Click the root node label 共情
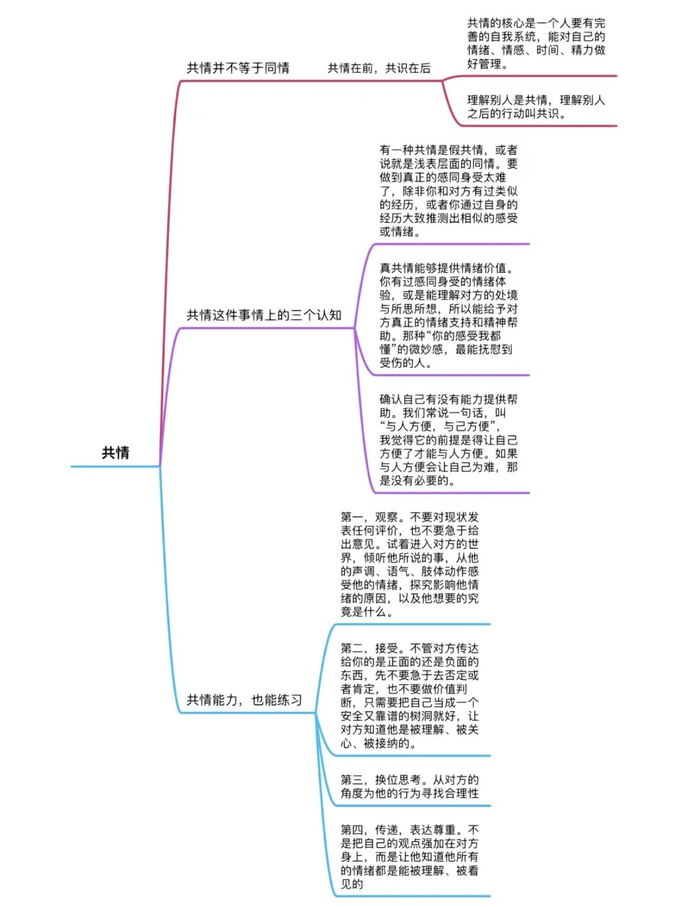[115, 452]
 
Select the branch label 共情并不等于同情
[238, 68]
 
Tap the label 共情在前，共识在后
[379, 68]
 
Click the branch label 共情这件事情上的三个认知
[264, 315]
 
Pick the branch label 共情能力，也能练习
[244, 700]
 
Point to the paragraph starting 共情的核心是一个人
[536, 44]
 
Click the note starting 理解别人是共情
[536, 106]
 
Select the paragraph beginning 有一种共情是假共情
[448, 191]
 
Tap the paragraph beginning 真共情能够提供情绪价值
[448, 315]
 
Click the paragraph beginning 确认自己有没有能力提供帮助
[448, 440]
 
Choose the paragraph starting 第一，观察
[409, 564]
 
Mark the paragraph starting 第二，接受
[409, 695]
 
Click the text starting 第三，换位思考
[409, 786]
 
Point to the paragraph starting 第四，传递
[409, 856]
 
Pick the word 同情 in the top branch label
[276, 68]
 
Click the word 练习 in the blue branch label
[289, 700]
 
